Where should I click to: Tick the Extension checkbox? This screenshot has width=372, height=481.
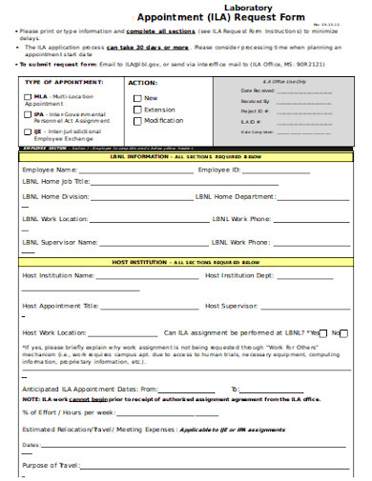(x=137, y=110)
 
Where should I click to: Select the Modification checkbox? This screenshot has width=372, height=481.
(x=137, y=121)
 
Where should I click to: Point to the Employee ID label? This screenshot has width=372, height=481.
(x=220, y=170)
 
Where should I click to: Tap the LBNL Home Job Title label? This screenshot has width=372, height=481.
(x=56, y=181)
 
